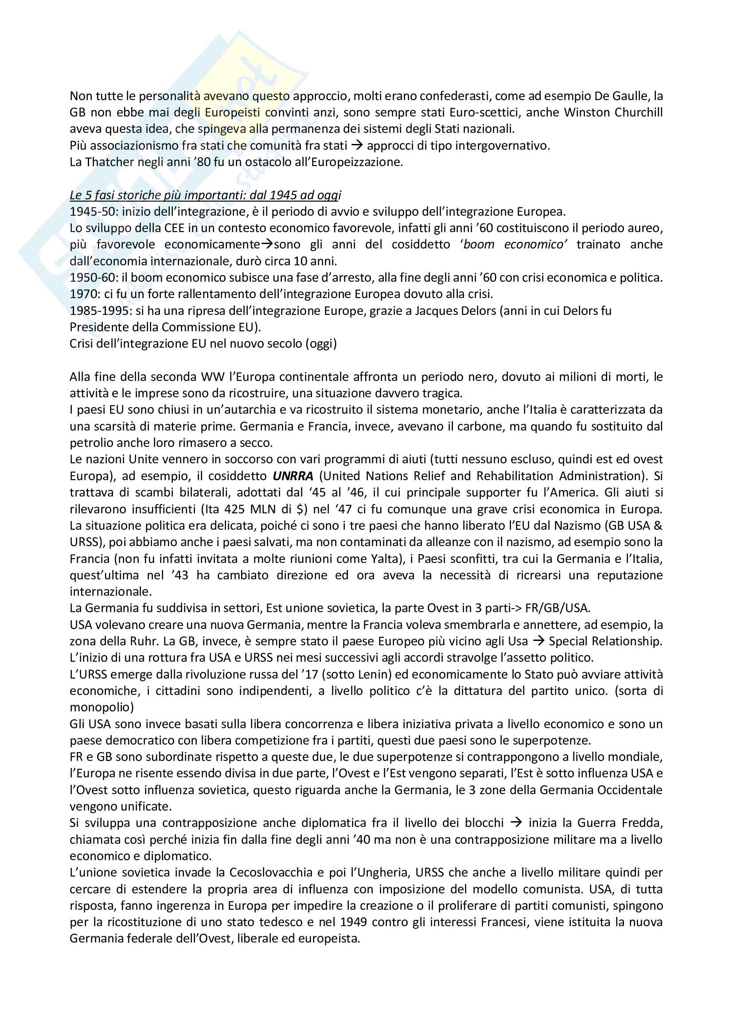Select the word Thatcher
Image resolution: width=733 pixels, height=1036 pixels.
109,162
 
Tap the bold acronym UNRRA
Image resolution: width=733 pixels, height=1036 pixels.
293,476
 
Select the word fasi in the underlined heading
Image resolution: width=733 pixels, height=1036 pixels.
101,195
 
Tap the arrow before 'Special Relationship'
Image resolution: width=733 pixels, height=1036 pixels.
538,641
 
